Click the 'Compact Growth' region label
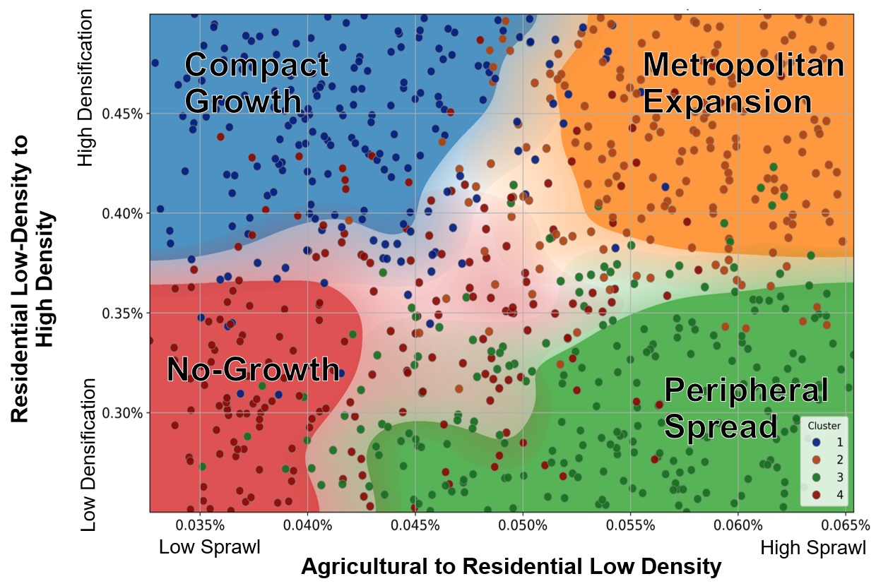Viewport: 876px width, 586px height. pyautogui.click(x=256, y=83)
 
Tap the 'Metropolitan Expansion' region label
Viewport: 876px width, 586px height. pyautogui.click(x=743, y=83)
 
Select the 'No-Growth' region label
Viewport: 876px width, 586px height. pyautogui.click(x=252, y=369)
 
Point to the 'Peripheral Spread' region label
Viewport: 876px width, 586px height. pyautogui.click(x=746, y=408)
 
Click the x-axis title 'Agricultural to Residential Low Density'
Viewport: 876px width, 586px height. pyautogui.click(x=511, y=566)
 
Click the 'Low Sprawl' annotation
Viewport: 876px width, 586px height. pyautogui.click(x=209, y=547)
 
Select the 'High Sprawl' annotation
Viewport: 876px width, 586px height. pyautogui.click(x=812, y=547)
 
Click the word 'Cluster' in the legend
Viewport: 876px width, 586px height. pyautogui.click(x=824, y=426)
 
